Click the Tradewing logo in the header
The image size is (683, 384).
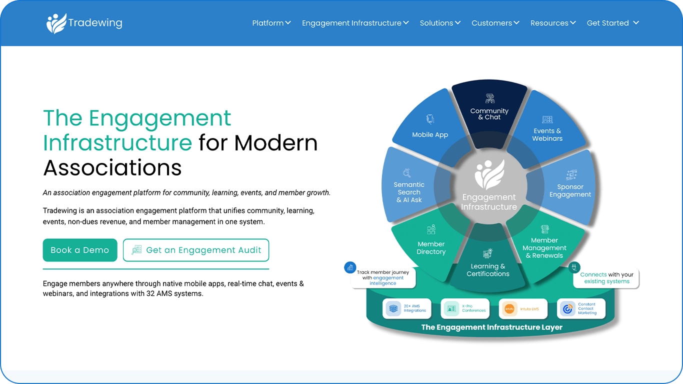[x=84, y=23]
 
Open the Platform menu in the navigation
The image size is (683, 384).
[x=271, y=23]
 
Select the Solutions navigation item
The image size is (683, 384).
[x=440, y=23]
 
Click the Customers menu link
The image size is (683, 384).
[x=495, y=23]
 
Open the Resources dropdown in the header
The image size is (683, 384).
[x=553, y=23]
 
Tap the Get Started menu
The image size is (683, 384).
[x=613, y=23]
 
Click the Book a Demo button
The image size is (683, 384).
[x=80, y=250]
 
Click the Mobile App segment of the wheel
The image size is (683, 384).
[x=430, y=128]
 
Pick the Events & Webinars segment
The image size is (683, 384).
[x=547, y=129]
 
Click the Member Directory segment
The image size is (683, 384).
[x=431, y=244]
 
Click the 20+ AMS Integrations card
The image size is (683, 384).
[x=407, y=308]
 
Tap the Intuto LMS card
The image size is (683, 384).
[x=523, y=308]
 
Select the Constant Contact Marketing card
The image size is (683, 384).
[x=581, y=308]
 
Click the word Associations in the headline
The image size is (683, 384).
[x=112, y=168]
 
